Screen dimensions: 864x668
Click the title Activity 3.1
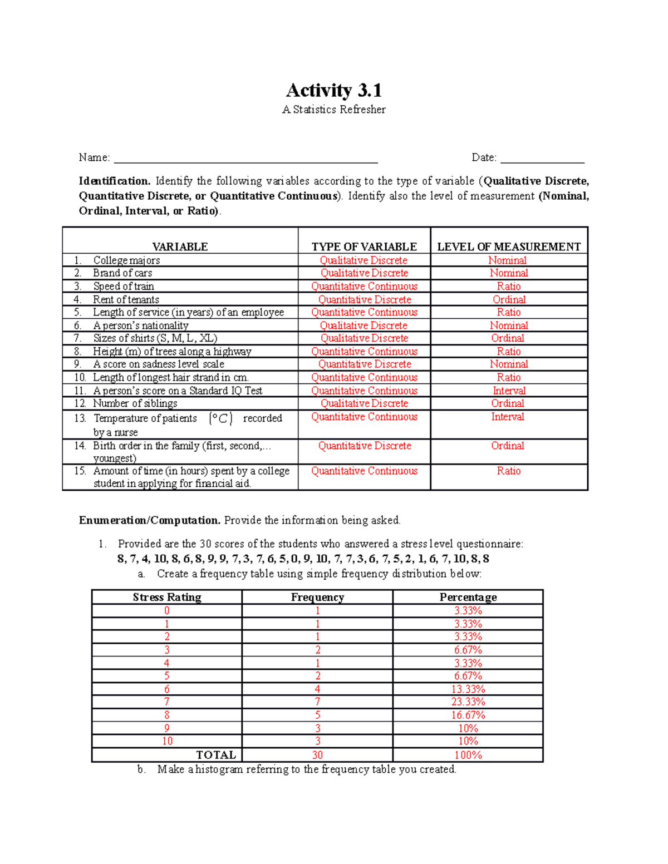click(333, 90)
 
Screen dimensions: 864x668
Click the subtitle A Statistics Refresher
click(333, 110)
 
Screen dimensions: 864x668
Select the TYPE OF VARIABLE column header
click(364, 246)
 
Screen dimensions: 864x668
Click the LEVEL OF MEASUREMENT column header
click(509, 246)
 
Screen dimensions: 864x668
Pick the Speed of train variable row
click(124, 286)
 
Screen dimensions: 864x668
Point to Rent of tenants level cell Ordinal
click(509, 299)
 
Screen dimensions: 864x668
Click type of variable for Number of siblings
click(364, 403)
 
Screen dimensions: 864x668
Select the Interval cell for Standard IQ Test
click(509, 391)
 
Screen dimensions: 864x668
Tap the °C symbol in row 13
click(220, 418)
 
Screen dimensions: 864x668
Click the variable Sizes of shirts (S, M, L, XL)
click(155, 338)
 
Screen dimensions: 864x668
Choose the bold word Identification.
click(115, 181)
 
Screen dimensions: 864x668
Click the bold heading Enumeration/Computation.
click(150, 520)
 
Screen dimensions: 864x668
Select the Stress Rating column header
click(167, 597)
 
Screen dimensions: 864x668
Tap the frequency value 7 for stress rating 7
click(317, 702)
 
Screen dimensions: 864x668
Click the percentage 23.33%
click(468, 702)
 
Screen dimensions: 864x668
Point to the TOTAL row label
click(215, 755)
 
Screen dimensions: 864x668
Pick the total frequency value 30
click(317, 755)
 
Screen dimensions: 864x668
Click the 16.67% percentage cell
click(468, 715)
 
